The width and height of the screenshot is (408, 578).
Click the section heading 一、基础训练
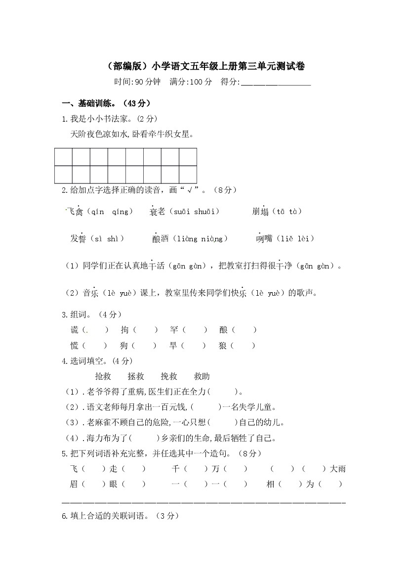106,104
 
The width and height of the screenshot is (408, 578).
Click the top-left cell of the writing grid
63,157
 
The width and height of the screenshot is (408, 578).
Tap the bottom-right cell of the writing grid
188,175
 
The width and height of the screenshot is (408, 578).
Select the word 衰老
158,212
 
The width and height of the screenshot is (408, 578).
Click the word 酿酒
161,239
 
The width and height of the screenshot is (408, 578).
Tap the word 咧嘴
264,239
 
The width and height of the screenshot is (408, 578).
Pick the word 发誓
79,239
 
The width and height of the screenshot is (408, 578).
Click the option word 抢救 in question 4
103,377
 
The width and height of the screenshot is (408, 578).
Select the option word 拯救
136,377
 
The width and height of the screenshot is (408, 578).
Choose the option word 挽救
169,377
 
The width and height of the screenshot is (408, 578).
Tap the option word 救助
202,377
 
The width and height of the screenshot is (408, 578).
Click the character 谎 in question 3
75,330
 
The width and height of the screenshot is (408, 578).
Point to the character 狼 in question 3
223,346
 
